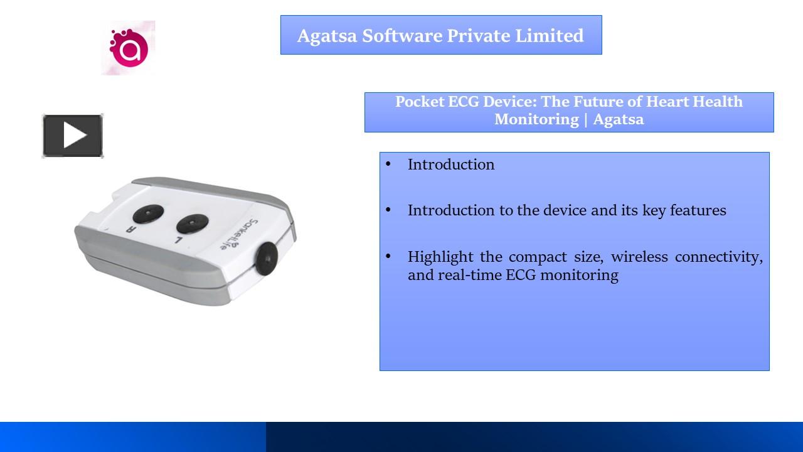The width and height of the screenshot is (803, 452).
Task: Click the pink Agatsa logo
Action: coord(129,48)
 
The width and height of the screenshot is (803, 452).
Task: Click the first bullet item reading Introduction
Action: coord(450,164)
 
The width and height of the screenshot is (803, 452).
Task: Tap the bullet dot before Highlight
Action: coord(388,256)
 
